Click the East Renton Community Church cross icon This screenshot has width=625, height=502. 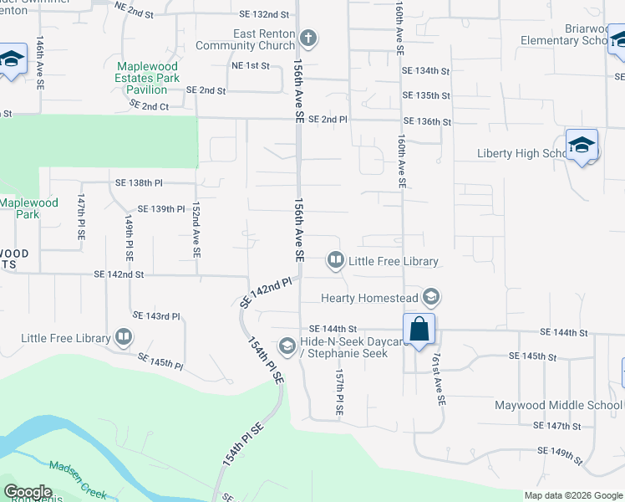[x=308, y=38]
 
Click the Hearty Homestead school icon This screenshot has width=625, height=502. [x=431, y=297]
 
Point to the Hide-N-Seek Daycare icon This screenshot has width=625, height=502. [x=287, y=346]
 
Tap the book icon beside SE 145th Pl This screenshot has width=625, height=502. [x=124, y=337]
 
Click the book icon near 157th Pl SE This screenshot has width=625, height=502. [x=335, y=261]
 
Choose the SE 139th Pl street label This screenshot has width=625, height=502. [x=160, y=208]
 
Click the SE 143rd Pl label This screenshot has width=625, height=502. [x=156, y=315]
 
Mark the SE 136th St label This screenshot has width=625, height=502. [x=425, y=121]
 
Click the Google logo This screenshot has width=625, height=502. [x=28, y=492]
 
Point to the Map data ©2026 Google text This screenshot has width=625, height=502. [x=573, y=495]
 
